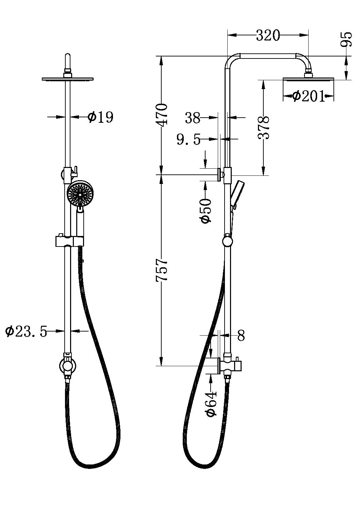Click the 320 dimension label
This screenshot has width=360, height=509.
click(268, 35)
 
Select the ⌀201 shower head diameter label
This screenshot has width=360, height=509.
click(308, 97)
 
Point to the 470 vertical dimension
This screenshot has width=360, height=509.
click(162, 115)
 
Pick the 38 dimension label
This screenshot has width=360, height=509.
click(193, 118)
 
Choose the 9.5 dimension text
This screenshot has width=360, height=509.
click(189, 139)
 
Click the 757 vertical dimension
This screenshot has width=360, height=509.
click(162, 270)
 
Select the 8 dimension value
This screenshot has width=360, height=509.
click(241, 336)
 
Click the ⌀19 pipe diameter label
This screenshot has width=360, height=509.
click(100, 117)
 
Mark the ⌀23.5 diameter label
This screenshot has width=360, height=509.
click(26, 331)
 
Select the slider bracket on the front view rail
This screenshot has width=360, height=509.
click(69, 241)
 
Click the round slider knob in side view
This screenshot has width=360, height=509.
click(227, 242)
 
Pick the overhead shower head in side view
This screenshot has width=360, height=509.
click(308, 79)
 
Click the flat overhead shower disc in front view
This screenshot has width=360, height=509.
click(68, 80)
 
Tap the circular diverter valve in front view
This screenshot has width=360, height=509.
click(68, 366)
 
